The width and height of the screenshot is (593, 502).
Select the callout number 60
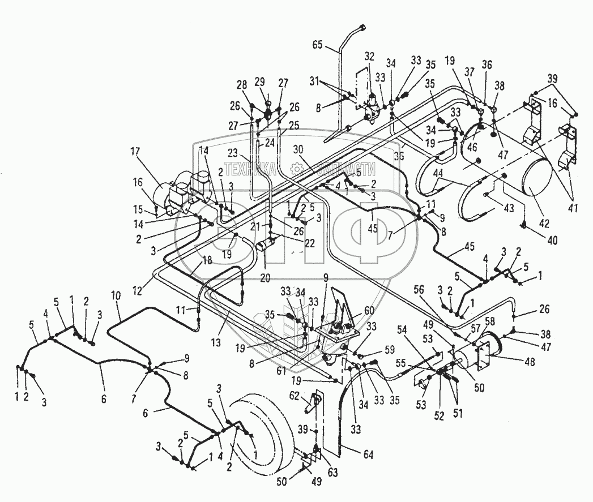(369, 310)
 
